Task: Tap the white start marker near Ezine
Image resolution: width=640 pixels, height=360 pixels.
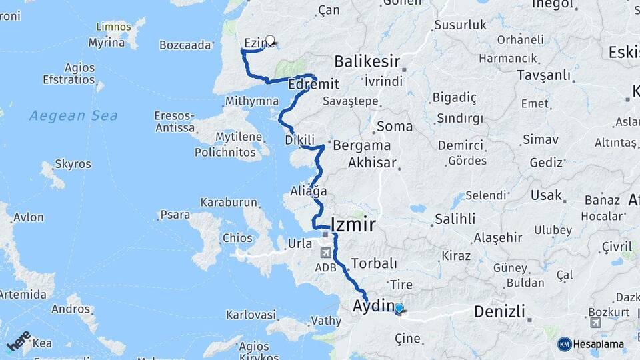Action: tap(270, 40)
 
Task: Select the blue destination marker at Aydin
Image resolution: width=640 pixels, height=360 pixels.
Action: tap(399, 308)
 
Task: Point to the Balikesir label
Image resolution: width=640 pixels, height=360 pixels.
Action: tap(367, 62)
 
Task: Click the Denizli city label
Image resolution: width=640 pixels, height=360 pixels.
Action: tap(499, 311)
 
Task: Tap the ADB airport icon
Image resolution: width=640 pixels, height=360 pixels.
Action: tap(325, 253)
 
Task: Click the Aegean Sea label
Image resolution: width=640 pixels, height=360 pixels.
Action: tap(73, 115)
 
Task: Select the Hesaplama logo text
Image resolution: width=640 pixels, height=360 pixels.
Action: tap(599, 344)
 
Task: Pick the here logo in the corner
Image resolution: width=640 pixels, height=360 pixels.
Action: tap(19, 341)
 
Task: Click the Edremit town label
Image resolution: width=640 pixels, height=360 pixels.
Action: tap(314, 85)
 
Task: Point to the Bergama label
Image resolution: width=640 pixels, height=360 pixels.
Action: tap(361, 145)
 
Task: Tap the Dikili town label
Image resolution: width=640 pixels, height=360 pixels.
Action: tap(299, 140)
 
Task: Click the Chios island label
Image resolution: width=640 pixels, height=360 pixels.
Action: tap(238, 238)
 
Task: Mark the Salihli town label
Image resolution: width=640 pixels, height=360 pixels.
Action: tap(455, 219)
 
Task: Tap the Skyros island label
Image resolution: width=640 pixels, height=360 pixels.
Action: tap(68, 163)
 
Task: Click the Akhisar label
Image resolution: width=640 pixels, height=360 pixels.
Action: tap(372, 163)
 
